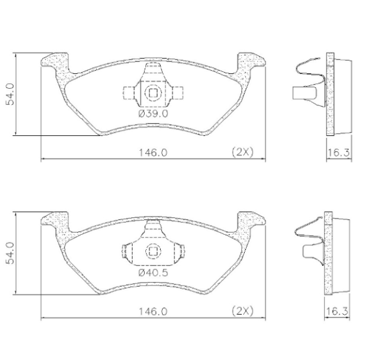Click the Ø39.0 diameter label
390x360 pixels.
coord(153,114)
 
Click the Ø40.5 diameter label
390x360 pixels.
coord(153,273)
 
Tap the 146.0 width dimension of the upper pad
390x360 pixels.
coord(153,153)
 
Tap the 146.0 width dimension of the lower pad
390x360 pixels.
coord(153,311)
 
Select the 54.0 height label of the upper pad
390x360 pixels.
coord(11,94)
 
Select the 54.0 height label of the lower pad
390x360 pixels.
coord(11,253)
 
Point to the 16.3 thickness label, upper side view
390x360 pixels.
coord(339,153)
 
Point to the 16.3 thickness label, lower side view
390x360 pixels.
coord(337,311)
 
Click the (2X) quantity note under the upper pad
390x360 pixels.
coord(243,152)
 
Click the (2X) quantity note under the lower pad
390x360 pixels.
coord(243,311)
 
